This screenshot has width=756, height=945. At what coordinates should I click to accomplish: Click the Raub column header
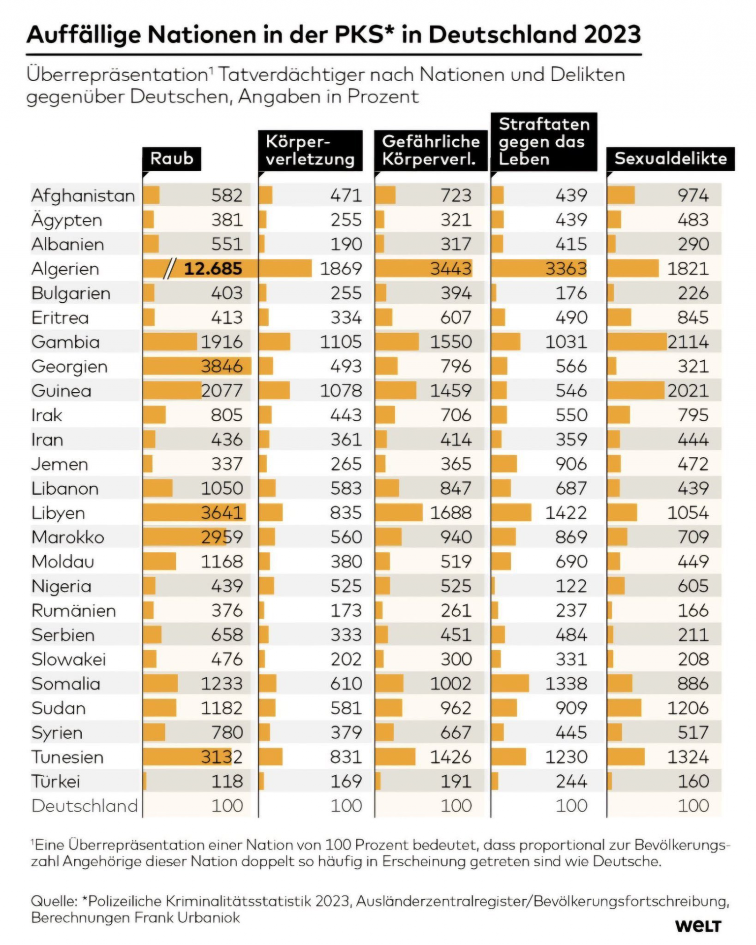click(x=172, y=158)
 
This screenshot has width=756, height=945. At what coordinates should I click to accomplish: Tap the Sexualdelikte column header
click(x=670, y=158)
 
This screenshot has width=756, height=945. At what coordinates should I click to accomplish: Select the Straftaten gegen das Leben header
click(x=544, y=142)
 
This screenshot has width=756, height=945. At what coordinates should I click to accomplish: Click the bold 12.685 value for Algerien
click(x=213, y=269)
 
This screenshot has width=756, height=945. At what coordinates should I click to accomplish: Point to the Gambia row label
click(x=65, y=342)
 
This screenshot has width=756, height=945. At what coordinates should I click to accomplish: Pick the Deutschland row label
click(x=85, y=806)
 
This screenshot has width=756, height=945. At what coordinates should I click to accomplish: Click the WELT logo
click(x=698, y=926)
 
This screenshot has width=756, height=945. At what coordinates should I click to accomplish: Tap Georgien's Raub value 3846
click(x=222, y=366)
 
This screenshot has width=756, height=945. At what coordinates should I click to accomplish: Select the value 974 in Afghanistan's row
click(x=693, y=195)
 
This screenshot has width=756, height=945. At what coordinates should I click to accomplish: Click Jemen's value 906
click(x=571, y=464)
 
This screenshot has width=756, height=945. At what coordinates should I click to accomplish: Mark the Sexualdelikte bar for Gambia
click(x=637, y=342)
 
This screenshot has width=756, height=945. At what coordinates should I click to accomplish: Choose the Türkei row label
click(x=56, y=782)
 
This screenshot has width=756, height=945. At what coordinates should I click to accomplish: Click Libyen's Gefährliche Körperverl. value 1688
click(x=451, y=513)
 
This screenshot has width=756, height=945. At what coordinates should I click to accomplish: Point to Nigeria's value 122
click(x=571, y=586)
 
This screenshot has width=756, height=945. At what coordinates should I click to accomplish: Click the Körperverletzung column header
click(x=311, y=151)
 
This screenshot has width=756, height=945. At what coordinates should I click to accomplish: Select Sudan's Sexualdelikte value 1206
click(x=688, y=708)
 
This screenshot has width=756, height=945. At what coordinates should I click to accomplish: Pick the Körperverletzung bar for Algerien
click(x=285, y=269)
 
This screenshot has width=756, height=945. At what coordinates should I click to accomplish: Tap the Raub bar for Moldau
click(x=159, y=562)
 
